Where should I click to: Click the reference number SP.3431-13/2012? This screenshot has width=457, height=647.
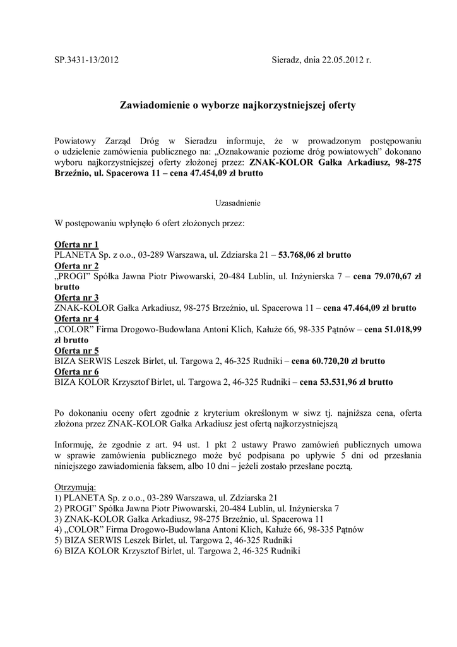86,61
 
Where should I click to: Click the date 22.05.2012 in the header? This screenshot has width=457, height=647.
339,61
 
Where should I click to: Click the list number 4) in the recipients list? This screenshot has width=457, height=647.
59,529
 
